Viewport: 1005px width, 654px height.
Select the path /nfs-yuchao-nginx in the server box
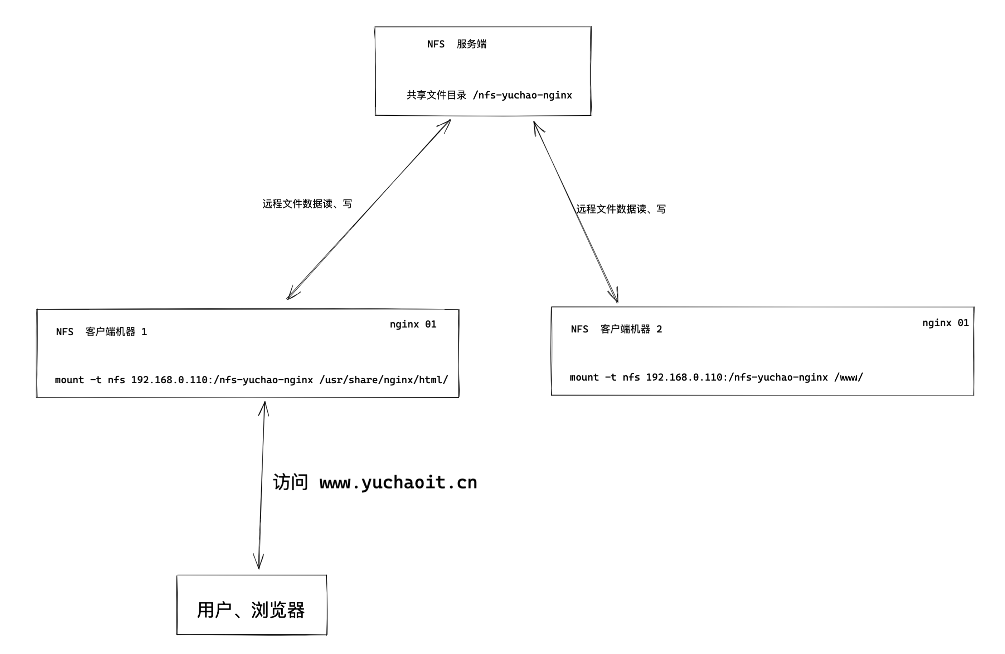(522, 95)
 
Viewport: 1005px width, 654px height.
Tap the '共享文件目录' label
(436, 95)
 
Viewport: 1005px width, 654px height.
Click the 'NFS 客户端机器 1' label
(101, 332)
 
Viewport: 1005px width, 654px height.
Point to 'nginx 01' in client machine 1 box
(413, 324)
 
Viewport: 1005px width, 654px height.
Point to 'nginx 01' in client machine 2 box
(945, 323)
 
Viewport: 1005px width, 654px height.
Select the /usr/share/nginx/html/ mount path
(383, 380)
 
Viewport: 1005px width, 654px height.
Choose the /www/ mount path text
(848, 377)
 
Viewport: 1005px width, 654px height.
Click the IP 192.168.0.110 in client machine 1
(169, 380)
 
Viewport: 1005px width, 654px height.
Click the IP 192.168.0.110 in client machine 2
(684, 377)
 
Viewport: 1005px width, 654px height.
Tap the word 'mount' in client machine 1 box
(69, 380)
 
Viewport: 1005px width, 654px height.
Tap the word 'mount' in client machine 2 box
(584, 377)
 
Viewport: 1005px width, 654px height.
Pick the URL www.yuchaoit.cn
(398, 482)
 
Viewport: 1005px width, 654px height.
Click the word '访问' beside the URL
(291, 482)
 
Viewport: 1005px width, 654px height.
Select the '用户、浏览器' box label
(251, 610)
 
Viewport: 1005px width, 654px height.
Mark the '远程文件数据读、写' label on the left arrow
(307, 204)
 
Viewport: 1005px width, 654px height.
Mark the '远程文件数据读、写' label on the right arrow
(621, 209)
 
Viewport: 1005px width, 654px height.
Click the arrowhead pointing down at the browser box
(259, 564)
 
